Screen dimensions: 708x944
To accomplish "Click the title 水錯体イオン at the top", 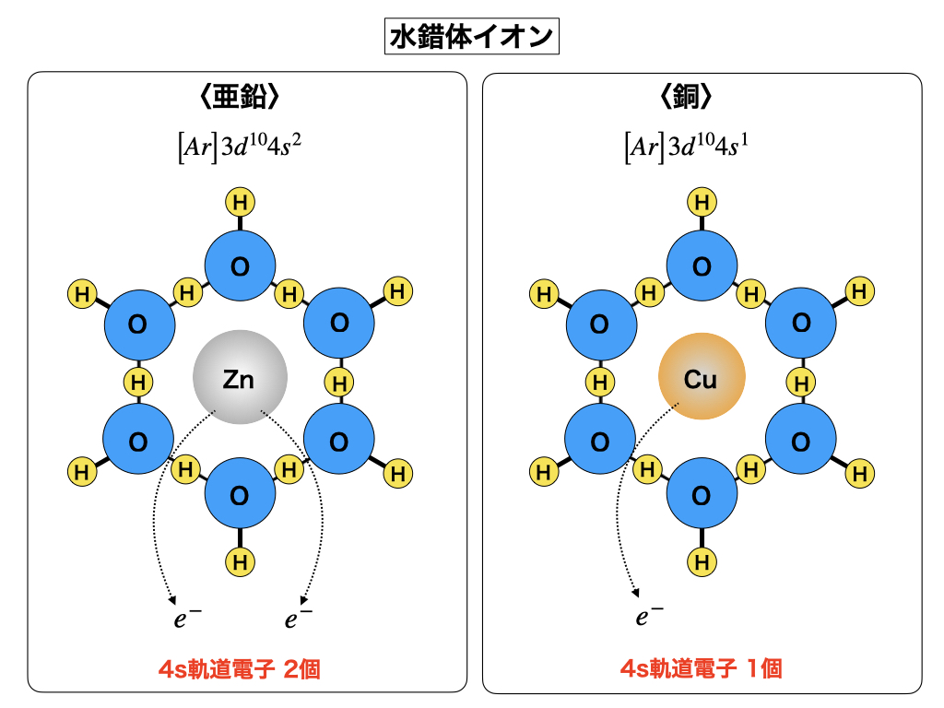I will pos(471,38).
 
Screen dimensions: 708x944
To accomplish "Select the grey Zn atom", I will pos(240,378).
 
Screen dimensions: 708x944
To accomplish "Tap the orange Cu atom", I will pos(702,378).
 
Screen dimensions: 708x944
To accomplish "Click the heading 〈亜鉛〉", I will pos(240,98).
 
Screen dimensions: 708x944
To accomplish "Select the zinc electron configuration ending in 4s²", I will pos(240,147).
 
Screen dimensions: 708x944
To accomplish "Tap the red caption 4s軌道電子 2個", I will pos(240,668).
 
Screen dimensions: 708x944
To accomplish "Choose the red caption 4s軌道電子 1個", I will pos(701,668).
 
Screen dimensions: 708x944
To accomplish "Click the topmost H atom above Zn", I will pos(240,202).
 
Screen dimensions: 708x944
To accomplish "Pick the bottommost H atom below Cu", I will pos(702,560).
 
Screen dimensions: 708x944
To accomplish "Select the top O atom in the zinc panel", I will pos(240,267).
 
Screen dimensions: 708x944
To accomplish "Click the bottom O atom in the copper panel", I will pos(702,496).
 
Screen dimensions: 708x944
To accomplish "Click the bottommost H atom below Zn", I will pos(240,560).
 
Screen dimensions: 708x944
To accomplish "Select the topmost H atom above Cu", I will pos(702,202).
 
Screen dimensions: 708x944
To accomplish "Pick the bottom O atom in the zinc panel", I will pos(240,496).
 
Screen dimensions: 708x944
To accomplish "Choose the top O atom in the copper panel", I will pos(702,267).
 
